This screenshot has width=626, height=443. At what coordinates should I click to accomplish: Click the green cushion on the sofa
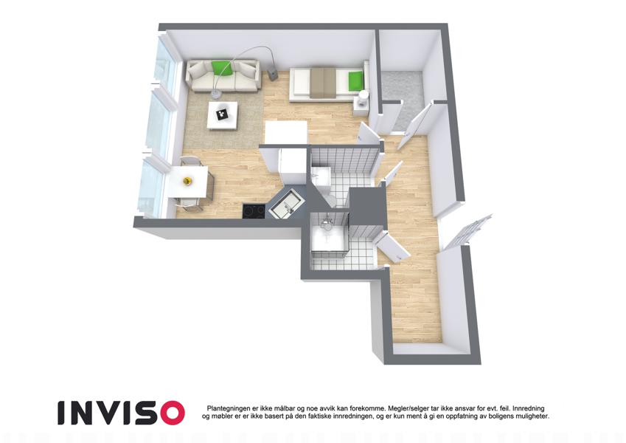pos(222,68)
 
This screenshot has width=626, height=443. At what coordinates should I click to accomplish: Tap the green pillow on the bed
pos(355,80)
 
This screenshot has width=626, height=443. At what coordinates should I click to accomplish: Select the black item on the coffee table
pos(222,114)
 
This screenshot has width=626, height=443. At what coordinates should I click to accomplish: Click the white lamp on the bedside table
pos(364,98)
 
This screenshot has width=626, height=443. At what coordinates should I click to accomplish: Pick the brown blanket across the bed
pos(324,82)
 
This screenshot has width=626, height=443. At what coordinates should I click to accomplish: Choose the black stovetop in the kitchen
pos(254,210)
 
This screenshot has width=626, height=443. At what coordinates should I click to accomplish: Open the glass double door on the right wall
pos(467,232)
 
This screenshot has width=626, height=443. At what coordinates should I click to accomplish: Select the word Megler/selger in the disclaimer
pos(407,408)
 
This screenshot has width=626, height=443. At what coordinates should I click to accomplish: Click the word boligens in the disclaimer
pos(502,416)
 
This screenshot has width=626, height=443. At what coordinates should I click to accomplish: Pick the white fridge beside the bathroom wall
pos(291,166)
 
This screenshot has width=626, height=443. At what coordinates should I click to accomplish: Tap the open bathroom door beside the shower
pos(392,247)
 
